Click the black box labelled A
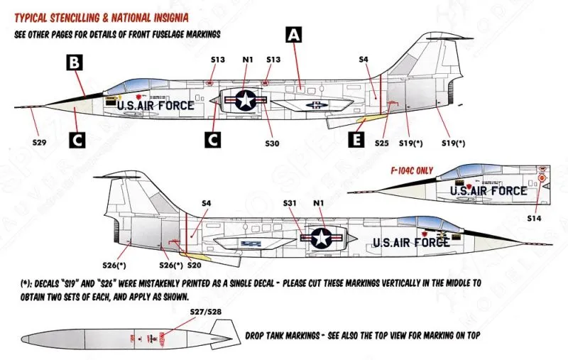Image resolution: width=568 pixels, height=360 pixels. (293, 35)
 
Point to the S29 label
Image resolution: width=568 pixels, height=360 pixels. (40, 143)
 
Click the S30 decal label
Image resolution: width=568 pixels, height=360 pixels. (272, 143)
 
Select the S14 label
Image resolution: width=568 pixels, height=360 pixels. (535, 219)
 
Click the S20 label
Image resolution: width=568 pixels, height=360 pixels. (195, 266)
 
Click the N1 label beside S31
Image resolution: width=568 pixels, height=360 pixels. (318, 203)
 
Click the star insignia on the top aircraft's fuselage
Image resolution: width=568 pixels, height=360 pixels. (246, 101)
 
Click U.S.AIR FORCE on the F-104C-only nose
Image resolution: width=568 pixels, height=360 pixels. (488, 190)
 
